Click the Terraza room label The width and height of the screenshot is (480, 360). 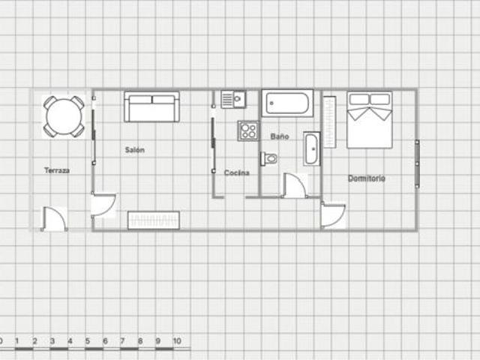click(x=57, y=170)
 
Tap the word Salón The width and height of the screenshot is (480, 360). click(x=135, y=150)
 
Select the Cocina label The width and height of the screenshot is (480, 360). click(x=237, y=172)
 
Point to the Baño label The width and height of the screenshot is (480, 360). click(x=280, y=136)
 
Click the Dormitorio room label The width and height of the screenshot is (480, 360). click(x=367, y=178)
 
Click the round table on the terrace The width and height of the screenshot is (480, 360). click(x=64, y=116)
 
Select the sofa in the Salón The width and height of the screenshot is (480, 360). click(x=151, y=106)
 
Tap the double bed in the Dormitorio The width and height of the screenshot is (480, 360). click(x=370, y=120)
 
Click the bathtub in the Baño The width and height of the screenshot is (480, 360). click(x=287, y=103)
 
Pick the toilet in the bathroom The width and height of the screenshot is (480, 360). click(x=268, y=158)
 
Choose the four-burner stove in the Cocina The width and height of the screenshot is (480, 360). click(x=248, y=130)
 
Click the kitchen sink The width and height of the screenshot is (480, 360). click(x=233, y=99)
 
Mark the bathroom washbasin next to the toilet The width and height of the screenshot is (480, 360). click(x=311, y=148)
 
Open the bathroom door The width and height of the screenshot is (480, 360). click(x=295, y=185)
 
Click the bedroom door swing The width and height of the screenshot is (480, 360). click(x=333, y=215)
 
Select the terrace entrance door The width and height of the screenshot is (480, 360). click(x=54, y=218)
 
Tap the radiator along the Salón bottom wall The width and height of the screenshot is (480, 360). click(x=154, y=220)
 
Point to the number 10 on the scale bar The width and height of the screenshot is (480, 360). click(x=177, y=340)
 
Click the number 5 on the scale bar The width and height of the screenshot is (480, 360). click(x=88, y=340)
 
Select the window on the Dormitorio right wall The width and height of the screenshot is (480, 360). click(x=417, y=163)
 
